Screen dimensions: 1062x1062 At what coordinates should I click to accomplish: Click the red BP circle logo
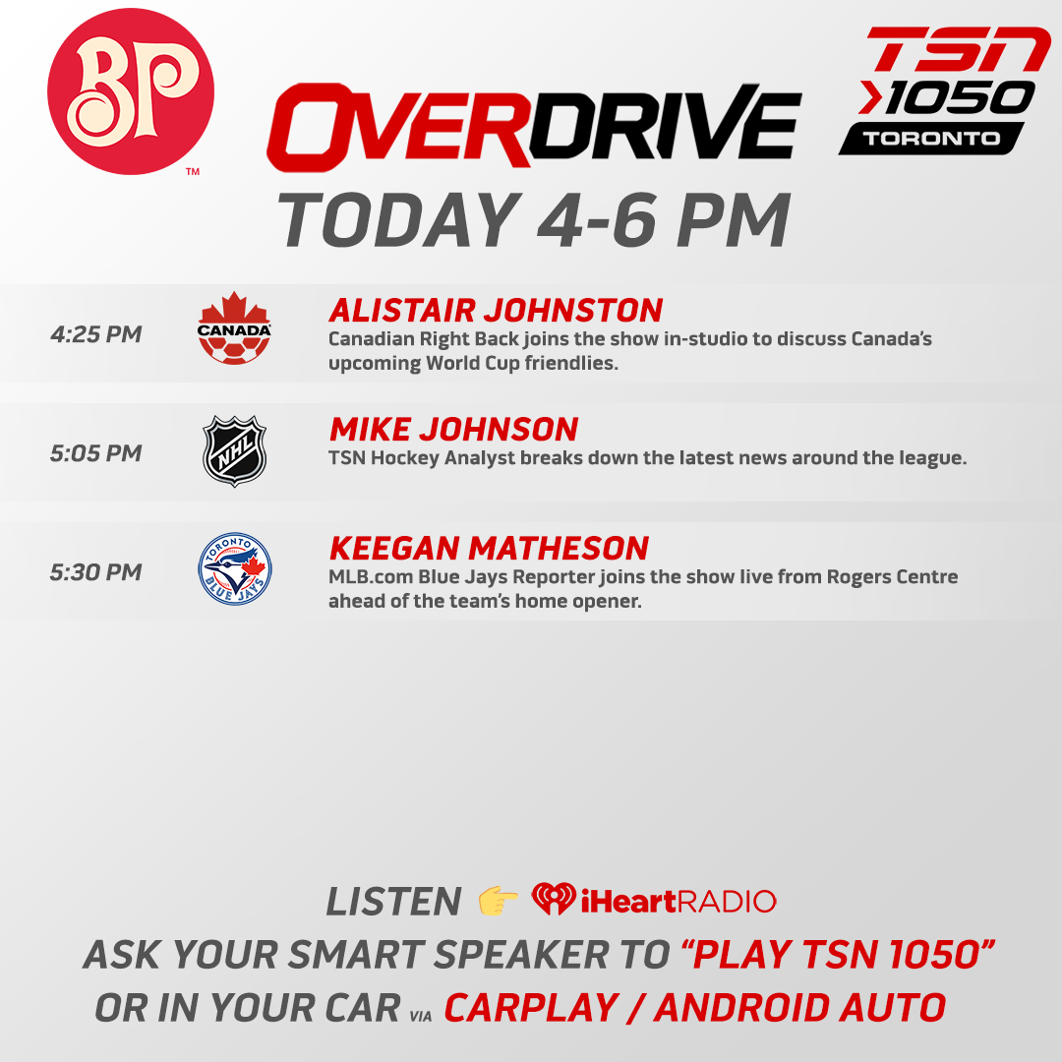click(131, 92)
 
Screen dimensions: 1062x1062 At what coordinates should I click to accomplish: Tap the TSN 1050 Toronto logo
click(942, 90)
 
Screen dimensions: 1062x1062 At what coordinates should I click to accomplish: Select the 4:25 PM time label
click(96, 334)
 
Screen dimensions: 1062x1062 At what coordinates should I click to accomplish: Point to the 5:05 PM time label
click(96, 453)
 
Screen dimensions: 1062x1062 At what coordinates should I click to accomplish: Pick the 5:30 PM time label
click(96, 572)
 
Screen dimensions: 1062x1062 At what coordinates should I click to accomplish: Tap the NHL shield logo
click(234, 452)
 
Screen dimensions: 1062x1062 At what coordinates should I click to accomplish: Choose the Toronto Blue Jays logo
click(234, 571)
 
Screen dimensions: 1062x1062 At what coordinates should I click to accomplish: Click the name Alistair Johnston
click(496, 311)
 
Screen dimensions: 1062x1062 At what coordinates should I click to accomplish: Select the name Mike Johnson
click(453, 430)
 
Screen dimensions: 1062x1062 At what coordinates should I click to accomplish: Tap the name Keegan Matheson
click(489, 549)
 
